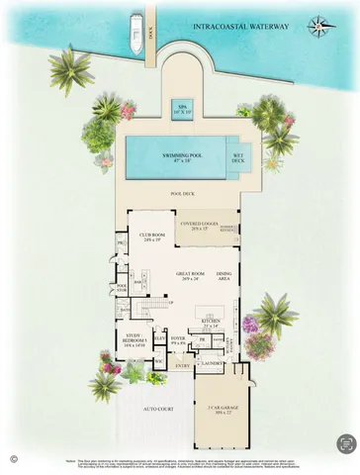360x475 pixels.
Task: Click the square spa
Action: [x=182, y=108]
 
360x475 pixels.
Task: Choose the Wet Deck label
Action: [x=238, y=156]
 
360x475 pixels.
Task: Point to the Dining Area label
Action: [x=225, y=276]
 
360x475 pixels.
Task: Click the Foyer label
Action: [x=178, y=340]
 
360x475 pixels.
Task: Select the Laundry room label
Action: [x=210, y=363]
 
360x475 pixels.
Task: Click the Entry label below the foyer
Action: [x=183, y=364]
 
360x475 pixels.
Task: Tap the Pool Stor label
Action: [x=122, y=289]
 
